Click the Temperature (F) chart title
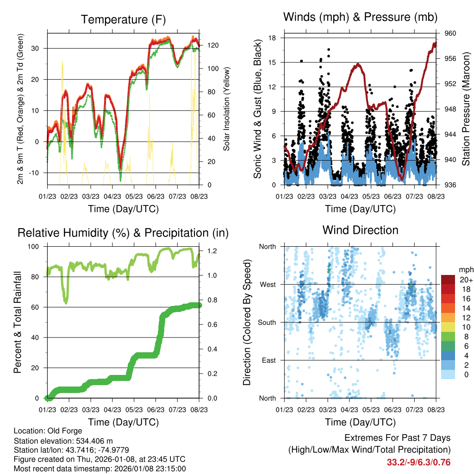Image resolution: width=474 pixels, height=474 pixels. pos(123,19)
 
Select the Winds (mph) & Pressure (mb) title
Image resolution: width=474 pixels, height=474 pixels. pos(361,18)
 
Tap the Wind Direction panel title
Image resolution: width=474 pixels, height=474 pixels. pos(360,230)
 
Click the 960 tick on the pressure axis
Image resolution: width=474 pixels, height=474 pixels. pos(451,33)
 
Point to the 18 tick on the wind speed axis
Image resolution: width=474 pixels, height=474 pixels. pos(273,38)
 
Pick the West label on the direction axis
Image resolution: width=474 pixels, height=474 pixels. pos(268,284)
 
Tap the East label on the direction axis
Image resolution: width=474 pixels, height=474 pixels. pos(268,360)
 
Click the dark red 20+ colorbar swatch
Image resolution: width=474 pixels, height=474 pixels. pos(448,280)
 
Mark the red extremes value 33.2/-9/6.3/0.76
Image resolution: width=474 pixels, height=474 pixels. pos(418,462)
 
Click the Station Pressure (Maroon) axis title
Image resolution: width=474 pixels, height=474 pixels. pos(466,109)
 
